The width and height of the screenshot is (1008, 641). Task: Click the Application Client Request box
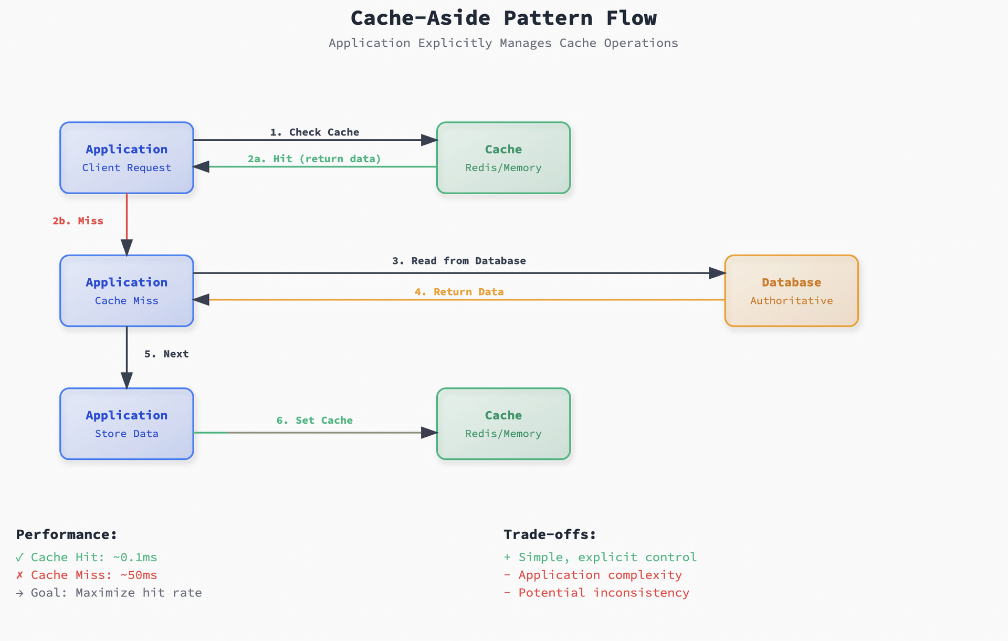[127, 157]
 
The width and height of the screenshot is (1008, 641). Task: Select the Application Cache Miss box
[127, 291]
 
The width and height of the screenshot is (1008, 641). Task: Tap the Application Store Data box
[127, 424]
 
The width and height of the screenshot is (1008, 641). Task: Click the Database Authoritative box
[791, 291]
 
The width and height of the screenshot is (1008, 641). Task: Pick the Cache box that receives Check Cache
[503, 157]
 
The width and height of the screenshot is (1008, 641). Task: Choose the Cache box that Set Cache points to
[503, 424]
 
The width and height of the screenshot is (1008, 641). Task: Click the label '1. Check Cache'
[314, 132]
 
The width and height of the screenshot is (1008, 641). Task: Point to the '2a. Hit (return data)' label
[314, 159]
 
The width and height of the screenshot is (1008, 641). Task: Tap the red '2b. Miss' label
[78, 221]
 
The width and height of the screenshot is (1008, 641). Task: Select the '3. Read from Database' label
[459, 261]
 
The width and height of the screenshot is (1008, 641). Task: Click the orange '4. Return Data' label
[459, 292]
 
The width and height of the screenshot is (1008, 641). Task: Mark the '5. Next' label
[166, 354]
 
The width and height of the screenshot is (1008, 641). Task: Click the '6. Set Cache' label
[314, 421]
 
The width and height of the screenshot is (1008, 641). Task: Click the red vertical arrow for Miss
[127, 220]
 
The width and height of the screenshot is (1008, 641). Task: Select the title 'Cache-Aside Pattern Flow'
[503, 18]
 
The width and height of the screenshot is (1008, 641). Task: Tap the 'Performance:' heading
[66, 534]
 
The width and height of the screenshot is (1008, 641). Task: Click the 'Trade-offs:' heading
[550, 534]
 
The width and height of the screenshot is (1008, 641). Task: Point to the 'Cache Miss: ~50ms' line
[93, 575]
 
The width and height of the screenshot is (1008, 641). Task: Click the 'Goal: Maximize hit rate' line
[115, 593]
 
